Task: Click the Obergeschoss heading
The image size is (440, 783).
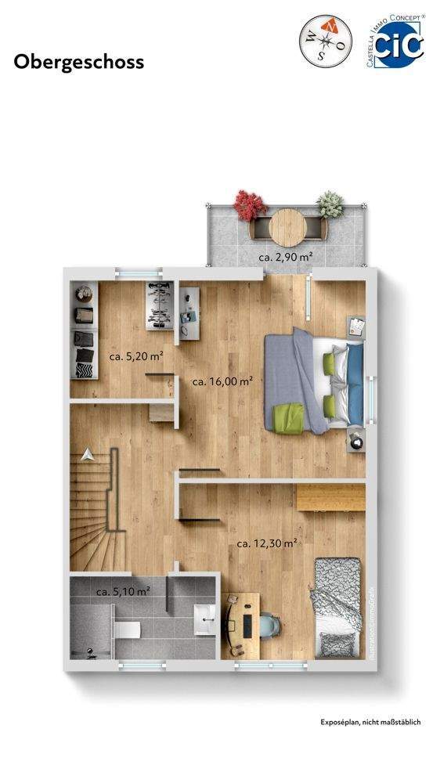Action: point(79,62)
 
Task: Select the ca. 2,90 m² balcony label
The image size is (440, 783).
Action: point(286,257)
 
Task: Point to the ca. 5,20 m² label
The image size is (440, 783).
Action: point(135,356)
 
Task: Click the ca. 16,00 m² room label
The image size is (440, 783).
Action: point(222,381)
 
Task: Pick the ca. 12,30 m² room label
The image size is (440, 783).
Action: point(267,543)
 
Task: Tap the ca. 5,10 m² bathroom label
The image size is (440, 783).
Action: point(123,592)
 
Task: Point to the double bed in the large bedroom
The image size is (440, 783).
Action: point(313,381)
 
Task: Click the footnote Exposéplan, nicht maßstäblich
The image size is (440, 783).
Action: point(370,722)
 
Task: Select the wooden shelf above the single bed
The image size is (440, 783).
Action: point(330,496)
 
